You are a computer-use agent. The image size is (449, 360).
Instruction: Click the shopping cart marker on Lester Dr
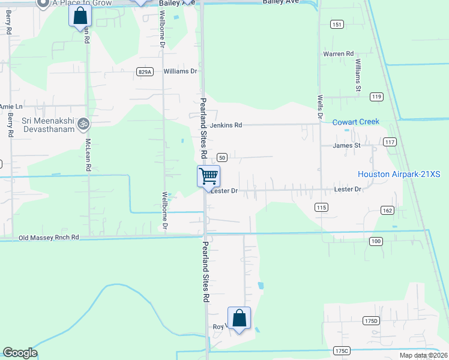pyautogui.click(x=208, y=176)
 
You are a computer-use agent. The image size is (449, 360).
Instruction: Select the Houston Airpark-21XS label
pyautogui.click(x=399, y=175)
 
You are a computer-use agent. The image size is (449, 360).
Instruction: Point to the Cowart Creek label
pyautogui.click(x=356, y=122)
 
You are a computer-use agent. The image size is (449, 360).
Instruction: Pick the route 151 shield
pyautogui.click(x=337, y=24)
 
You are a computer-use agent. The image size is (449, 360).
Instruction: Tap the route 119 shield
pyautogui.click(x=376, y=97)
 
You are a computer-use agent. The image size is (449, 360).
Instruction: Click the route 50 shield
pyautogui.click(x=221, y=157)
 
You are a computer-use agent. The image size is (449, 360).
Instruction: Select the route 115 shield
pyautogui.click(x=321, y=207)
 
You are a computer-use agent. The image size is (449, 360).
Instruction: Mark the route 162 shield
pyautogui.click(x=387, y=210)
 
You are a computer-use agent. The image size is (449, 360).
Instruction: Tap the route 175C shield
pyautogui.click(x=342, y=350)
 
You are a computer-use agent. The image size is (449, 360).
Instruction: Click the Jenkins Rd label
pyautogui.click(x=226, y=125)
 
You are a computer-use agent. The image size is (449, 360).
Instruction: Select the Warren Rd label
pyautogui.click(x=339, y=54)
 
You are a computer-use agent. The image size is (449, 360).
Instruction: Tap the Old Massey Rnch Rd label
pyautogui.click(x=49, y=238)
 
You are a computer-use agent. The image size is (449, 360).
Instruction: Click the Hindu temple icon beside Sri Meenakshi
pyautogui.click(x=84, y=124)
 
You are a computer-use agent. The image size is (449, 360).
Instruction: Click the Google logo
pyautogui.click(x=20, y=353)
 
